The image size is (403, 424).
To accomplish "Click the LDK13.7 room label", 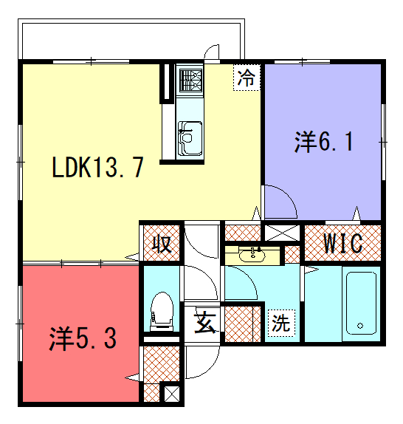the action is coord(97,168).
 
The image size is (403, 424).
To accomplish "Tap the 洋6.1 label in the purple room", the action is coord(323,142).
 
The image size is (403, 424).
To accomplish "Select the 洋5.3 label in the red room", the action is coord(83,338).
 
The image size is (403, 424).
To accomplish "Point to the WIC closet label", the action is coord(343,243).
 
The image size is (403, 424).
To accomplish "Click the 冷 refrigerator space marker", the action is coord(247,78).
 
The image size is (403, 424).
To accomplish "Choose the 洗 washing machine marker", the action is coord(281,323).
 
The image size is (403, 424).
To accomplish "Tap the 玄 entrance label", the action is coord(205,322).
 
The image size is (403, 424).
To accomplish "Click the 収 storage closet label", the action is coord(162,245).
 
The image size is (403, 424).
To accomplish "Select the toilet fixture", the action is coord(162,311).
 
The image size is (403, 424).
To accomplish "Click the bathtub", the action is coord(361,304).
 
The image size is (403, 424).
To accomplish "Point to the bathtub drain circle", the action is coord(360,326).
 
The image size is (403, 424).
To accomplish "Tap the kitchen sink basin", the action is coord(190,138).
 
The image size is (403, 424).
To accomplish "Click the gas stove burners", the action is coord(190,81).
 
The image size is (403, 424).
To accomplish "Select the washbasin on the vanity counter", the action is coord(252,255).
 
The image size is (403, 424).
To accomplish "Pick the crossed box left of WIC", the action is coord(282,233).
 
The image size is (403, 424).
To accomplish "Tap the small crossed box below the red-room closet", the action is coord(172,394).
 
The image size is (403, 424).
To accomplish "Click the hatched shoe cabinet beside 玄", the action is coord(243,324).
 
